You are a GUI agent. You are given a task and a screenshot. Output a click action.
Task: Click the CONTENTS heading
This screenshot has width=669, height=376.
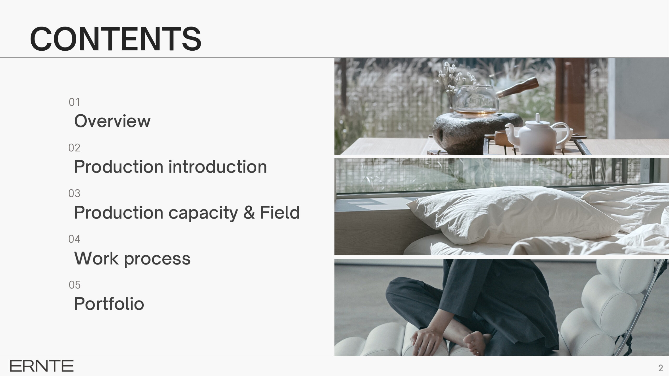click(x=116, y=39)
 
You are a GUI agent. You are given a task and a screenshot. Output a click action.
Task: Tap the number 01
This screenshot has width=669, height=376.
click(x=74, y=102)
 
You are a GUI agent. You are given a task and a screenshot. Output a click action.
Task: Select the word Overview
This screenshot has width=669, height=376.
click(x=112, y=121)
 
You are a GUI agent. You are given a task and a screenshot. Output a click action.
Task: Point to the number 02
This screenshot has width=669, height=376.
click(x=74, y=148)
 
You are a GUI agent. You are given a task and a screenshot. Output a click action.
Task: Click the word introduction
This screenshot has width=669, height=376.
click(x=217, y=166)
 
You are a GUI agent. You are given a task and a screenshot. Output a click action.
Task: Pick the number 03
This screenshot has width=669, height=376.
click(x=74, y=193)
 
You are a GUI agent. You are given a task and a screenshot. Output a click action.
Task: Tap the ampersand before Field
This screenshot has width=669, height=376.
click(x=249, y=212)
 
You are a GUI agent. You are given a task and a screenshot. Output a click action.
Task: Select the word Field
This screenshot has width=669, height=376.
click(x=280, y=212)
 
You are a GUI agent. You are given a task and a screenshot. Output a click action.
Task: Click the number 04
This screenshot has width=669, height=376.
click(x=74, y=239)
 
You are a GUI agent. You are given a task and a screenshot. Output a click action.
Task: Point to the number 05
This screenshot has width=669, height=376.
click(x=74, y=285)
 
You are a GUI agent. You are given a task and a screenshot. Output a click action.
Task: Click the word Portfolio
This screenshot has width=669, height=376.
click(x=109, y=303)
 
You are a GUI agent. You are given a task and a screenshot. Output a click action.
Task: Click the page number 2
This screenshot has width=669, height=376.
click(x=661, y=368)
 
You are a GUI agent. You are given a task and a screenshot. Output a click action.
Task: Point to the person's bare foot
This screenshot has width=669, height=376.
click(x=474, y=342)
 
